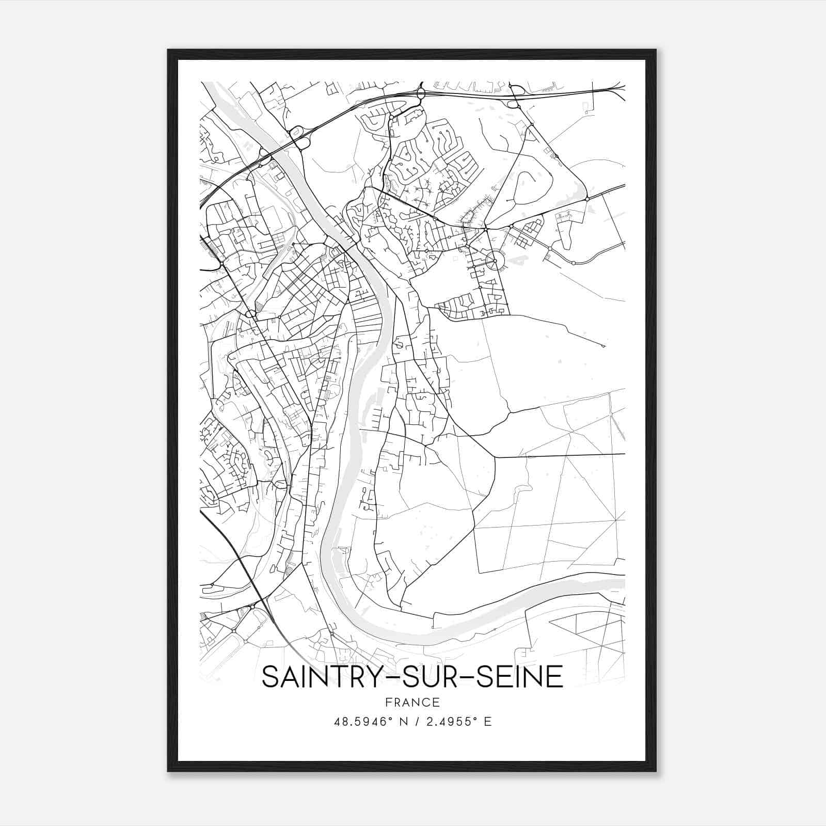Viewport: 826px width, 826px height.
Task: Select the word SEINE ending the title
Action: point(519,677)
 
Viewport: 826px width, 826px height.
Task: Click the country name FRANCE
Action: point(412,702)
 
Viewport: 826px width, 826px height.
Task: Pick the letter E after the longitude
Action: point(487,722)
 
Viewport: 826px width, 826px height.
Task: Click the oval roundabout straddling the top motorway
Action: point(420,94)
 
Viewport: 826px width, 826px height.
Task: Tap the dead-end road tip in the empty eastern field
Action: point(602,345)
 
